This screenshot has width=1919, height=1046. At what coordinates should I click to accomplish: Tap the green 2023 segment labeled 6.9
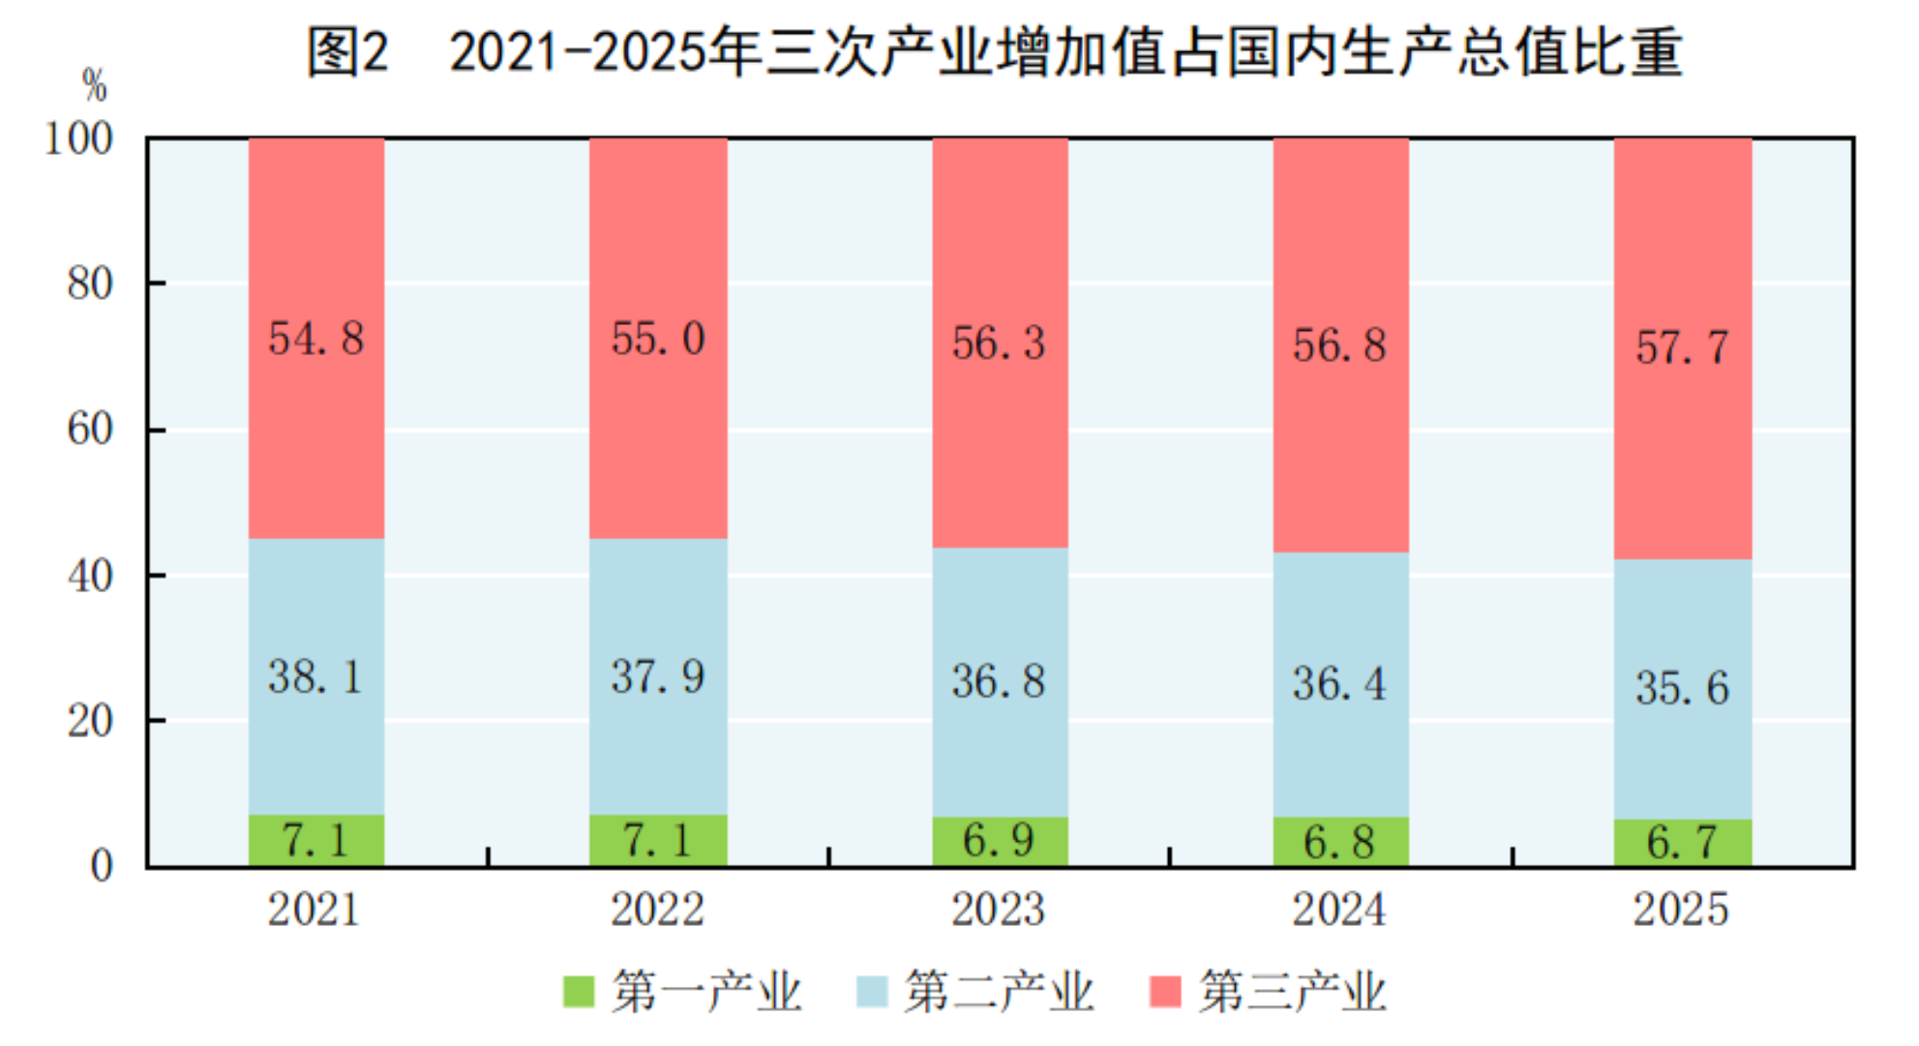(x=1000, y=841)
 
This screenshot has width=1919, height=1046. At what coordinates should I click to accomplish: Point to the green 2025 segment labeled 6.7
(x=1683, y=843)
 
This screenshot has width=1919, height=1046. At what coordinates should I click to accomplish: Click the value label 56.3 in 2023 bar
(x=1000, y=344)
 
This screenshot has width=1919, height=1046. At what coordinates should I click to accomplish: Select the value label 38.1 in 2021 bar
(x=316, y=676)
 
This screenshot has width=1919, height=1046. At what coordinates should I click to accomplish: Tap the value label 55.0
(x=658, y=339)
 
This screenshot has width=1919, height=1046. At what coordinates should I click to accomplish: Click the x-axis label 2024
(x=1339, y=910)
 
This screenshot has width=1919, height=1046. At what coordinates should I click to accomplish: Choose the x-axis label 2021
(x=314, y=910)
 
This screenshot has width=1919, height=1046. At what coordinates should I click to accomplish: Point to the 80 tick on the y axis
(x=90, y=284)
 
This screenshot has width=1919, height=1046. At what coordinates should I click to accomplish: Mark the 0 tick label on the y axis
(x=102, y=866)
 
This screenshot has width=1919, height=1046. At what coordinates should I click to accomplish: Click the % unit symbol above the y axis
(x=94, y=86)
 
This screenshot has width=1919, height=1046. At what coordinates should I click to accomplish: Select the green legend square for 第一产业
(x=579, y=992)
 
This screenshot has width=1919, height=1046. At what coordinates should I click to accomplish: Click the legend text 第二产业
(x=999, y=992)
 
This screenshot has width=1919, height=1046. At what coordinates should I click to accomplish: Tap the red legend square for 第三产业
(x=1165, y=992)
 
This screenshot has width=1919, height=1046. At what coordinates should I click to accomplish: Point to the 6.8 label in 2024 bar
(x=1339, y=842)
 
